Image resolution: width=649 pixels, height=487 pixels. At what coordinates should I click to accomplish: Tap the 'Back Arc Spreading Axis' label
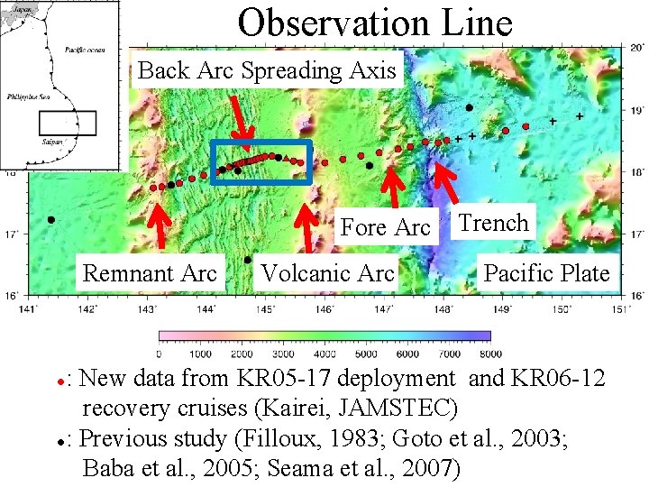(x=268, y=71)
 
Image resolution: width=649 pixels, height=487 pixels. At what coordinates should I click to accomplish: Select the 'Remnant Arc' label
(x=150, y=272)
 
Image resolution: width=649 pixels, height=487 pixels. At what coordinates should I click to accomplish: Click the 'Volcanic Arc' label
(x=327, y=272)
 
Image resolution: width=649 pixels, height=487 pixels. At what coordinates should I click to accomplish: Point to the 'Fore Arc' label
(x=385, y=228)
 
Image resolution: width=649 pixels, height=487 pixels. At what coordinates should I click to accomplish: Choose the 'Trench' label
(x=493, y=223)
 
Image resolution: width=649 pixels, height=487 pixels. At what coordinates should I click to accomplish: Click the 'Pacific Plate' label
(x=546, y=272)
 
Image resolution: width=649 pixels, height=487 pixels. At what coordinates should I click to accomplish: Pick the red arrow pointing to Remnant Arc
(x=160, y=225)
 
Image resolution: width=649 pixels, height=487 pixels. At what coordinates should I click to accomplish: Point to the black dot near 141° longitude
(x=51, y=219)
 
